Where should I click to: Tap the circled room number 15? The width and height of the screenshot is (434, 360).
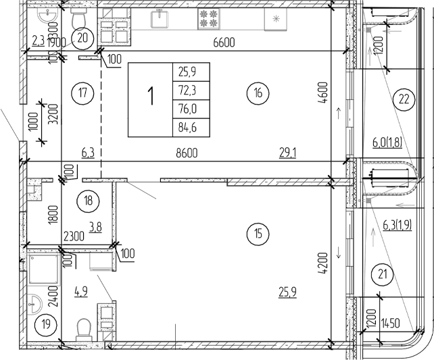point(260,234)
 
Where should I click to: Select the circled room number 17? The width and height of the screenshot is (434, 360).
point(82,93)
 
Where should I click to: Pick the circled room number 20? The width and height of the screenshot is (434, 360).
point(83,38)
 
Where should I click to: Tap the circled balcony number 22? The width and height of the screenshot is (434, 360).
point(404,100)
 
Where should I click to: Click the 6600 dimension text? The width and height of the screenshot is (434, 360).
point(223,42)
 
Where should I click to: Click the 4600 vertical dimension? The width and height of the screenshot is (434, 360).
point(323,95)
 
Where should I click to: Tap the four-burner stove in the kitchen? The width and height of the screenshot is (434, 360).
point(207,18)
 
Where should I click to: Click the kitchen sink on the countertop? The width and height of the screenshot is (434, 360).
point(160,18)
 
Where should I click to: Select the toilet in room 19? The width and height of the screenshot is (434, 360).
point(85,329)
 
